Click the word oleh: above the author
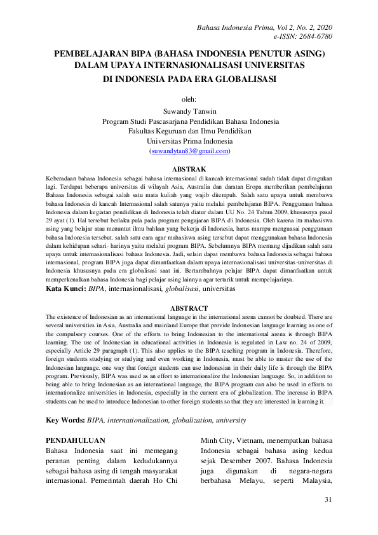point(189,99)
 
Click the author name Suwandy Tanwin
point(189,110)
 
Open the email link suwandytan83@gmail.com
point(189,152)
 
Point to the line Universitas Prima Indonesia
point(189,141)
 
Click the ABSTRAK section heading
point(189,168)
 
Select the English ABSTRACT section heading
point(189,308)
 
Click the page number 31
point(328,500)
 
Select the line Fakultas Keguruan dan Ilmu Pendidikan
point(189,131)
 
